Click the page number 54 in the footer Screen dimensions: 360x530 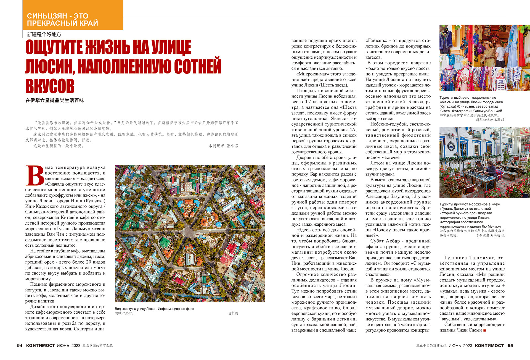[x=20, y=345]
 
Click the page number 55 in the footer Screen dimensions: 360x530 [x=510, y=345]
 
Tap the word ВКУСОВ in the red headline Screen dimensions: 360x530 [x=50, y=86]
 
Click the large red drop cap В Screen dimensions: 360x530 [x=35, y=176]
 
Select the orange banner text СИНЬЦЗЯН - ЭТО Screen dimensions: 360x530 [x=57, y=16]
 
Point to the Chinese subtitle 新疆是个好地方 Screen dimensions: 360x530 [x=44, y=35]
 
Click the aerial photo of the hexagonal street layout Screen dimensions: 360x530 [x=190, y=233]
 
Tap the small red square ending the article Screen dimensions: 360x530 [x=484, y=330]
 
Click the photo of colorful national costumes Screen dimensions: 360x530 [x=484, y=58]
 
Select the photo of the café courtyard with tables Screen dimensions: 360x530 [x=484, y=162]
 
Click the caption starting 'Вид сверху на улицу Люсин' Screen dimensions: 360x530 [x=154, y=309]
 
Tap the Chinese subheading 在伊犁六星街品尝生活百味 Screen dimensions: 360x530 [x=55, y=101]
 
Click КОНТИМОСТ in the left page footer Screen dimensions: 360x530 [x=41, y=345]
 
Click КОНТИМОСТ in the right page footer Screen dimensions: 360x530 [x=489, y=345]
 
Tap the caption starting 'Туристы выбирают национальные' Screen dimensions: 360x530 [x=468, y=98]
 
